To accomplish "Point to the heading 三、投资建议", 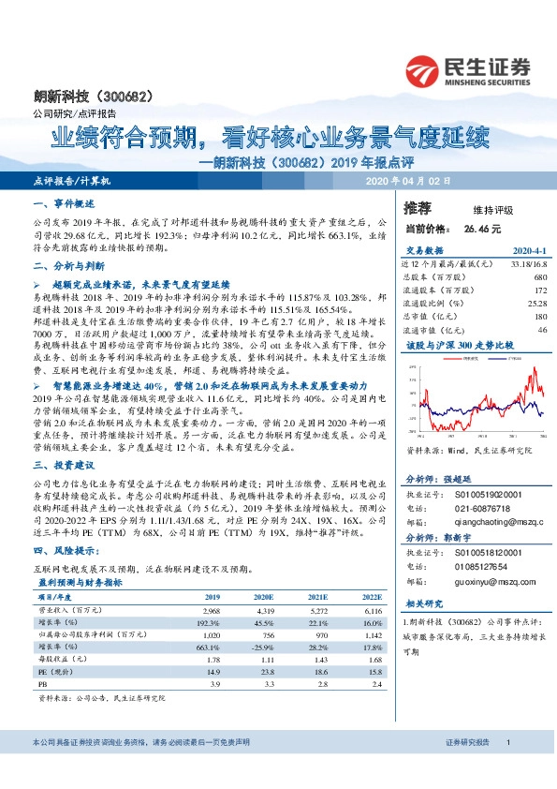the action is tap(65, 465).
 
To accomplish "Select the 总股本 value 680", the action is tap(540, 277).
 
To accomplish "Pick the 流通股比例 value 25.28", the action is tap(536, 304).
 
